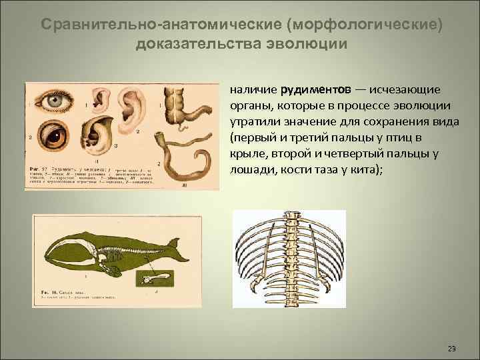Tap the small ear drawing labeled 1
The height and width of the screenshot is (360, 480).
99,101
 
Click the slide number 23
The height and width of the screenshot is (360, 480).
452,349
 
